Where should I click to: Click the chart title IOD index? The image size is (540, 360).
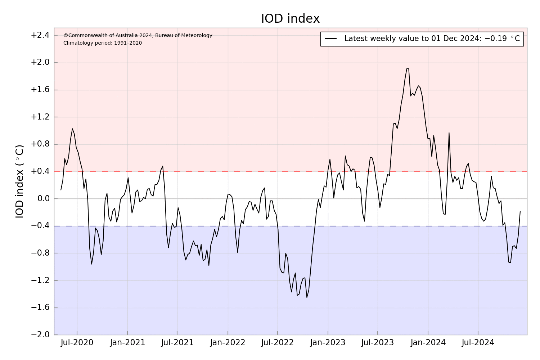click(x=290, y=19)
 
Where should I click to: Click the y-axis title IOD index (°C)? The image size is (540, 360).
click(x=20, y=181)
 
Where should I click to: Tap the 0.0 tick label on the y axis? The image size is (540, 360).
click(x=43, y=199)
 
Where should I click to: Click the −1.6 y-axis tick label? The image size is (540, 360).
click(x=40, y=308)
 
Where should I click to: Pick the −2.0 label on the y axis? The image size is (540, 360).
click(x=40, y=335)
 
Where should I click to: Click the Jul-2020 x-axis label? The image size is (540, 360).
click(x=77, y=343)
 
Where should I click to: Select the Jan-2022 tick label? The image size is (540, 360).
click(x=228, y=343)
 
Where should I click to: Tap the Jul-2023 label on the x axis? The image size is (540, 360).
click(x=378, y=343)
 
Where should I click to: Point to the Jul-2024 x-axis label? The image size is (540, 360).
click(x=478, y=343)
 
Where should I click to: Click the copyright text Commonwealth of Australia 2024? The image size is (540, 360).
click(x=138, y=36)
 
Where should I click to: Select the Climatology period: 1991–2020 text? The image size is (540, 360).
click(x=103, y=43)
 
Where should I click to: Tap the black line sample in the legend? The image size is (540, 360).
click(x=331, y=39)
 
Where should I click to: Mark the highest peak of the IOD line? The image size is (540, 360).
click(x=408, y=69)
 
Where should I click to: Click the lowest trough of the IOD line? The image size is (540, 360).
click(x=307, y=297)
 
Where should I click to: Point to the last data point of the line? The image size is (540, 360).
click(x=520, y=212)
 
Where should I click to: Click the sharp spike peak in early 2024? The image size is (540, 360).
click(x=449, y=133)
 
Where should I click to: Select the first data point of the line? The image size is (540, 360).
click(x=61, y=190)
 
